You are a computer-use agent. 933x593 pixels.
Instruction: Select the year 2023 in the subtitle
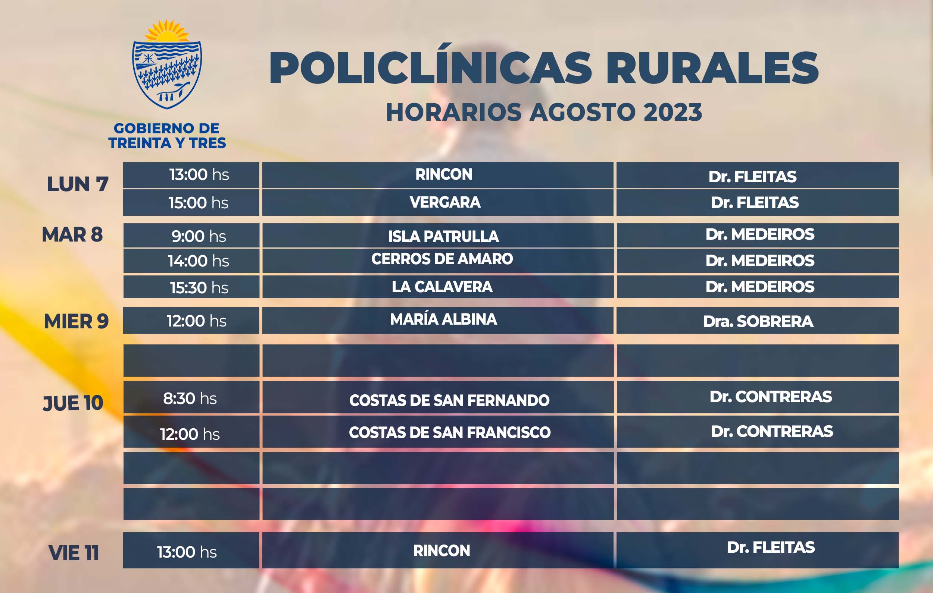tap(673, 112)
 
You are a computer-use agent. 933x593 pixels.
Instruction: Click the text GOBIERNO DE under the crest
tap(166, 128)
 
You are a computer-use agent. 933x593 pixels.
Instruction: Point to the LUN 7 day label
tap(78, 184)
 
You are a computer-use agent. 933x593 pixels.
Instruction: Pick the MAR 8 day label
tap(72, 234)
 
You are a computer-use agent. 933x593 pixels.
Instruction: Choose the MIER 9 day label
tap(77, 321)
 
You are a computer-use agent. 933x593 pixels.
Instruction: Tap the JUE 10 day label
tap(73, 403)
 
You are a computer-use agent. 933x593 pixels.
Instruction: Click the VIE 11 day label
tap(74, 553)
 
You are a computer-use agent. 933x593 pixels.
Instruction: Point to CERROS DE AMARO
tap(442, 259)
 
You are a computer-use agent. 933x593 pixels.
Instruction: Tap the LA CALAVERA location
tap(442, 286)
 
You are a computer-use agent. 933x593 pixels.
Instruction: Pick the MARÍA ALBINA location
tap(443, 319)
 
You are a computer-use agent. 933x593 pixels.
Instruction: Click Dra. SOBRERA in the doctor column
tap(758, 321)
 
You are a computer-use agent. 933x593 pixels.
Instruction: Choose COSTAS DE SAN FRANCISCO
tap(449, 432)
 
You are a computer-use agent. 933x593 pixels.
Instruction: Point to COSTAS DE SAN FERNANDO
tap(449, 400)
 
